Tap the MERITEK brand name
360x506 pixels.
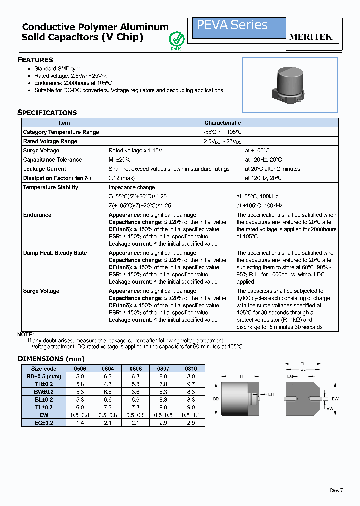[x=311, y=37]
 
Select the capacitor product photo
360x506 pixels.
[x=290, y=85]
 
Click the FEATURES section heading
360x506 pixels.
[x=35, y=60]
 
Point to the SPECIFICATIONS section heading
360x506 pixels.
[x=47, y=113]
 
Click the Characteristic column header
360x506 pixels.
[x=222, y=123]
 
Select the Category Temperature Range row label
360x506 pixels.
[x=61, y=132]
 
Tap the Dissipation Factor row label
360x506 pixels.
[x=58, y=178]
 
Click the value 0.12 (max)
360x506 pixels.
[x=122, y=178]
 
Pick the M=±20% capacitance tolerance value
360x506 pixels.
[x=120, y=160]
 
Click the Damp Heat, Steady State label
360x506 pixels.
[x=55, y=253]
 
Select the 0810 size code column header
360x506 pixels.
[x=191, y=369]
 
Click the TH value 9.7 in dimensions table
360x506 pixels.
[x=191, y=384]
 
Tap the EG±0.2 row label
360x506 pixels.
[x=43, y=422]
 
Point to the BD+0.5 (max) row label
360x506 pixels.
[x=43, y=376]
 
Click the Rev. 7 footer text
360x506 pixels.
[x=337, y=490]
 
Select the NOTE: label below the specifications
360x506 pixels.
[x=26, y=334]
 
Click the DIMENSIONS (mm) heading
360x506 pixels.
[x=51, y=359]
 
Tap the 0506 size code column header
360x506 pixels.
[x=80, y=369]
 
